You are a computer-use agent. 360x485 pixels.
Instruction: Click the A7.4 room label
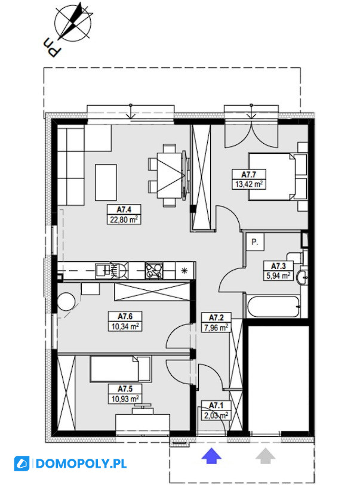pyautogui.click(x=124, y=210)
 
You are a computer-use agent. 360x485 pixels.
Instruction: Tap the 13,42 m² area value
pyautogui.click(x=249, y=185)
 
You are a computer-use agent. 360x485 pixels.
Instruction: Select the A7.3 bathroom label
pyautogui.click(x=278, y=266)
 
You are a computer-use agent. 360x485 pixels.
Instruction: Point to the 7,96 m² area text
pyautogui.click(x=216, y=328)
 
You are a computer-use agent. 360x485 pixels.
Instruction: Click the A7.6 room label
pyautogui.click(x=125, y=316)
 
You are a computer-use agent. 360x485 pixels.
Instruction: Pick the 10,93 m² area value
pyautogui.click(x=125, y=398)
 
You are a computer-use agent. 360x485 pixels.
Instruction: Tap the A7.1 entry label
pyautogui.click(x=216, y=406)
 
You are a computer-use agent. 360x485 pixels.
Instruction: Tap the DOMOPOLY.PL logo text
pyautogui.click(x=81, y=464)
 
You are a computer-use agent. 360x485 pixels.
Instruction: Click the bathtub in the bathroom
pyautogui.click(x=273, y=307)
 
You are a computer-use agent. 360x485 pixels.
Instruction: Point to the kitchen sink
pyautogui.click(x=103, y=270)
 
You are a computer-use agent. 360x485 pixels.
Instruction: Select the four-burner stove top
pyautogui.click(x=154, y=270)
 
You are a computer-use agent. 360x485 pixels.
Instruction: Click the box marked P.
pyautogui.click(x=255, y=242)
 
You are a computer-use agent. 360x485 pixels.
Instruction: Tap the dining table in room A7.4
pyautogui.click(x=170, y=175)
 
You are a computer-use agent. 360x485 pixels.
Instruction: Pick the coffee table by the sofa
pyautogui.click(x=106, y=183)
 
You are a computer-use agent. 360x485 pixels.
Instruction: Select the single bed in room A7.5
pyautogui.click(x=121, y=369)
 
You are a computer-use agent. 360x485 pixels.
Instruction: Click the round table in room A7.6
pyautogui.click(x=66, y=302)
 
